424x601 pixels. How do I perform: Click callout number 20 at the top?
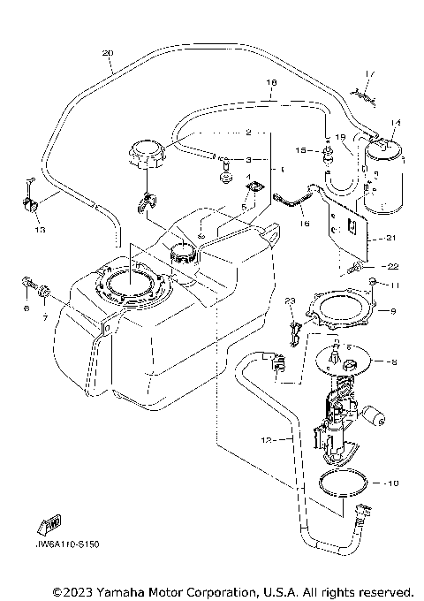coord(108,54)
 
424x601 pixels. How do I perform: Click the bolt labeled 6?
coord(26,286)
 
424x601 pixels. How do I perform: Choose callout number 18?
coord(272,83)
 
